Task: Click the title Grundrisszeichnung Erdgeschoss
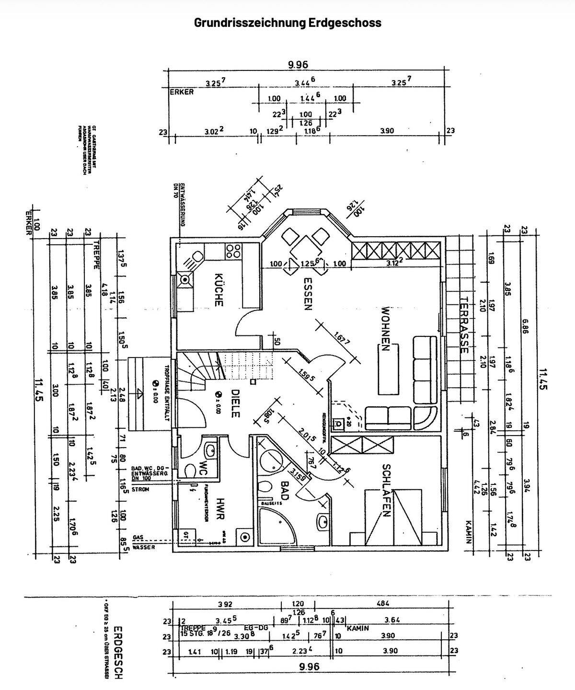point(287,23)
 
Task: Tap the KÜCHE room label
point(218,289)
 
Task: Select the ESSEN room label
point(307,293)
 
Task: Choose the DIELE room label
point(234,403)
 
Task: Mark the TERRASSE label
point(463,325)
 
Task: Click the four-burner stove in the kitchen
point(233,251)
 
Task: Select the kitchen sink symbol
point(185,279)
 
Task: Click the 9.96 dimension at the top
point(298,65)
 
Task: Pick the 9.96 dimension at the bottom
point(309,667)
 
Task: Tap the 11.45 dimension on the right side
point(542,379)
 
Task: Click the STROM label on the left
point(140,490)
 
